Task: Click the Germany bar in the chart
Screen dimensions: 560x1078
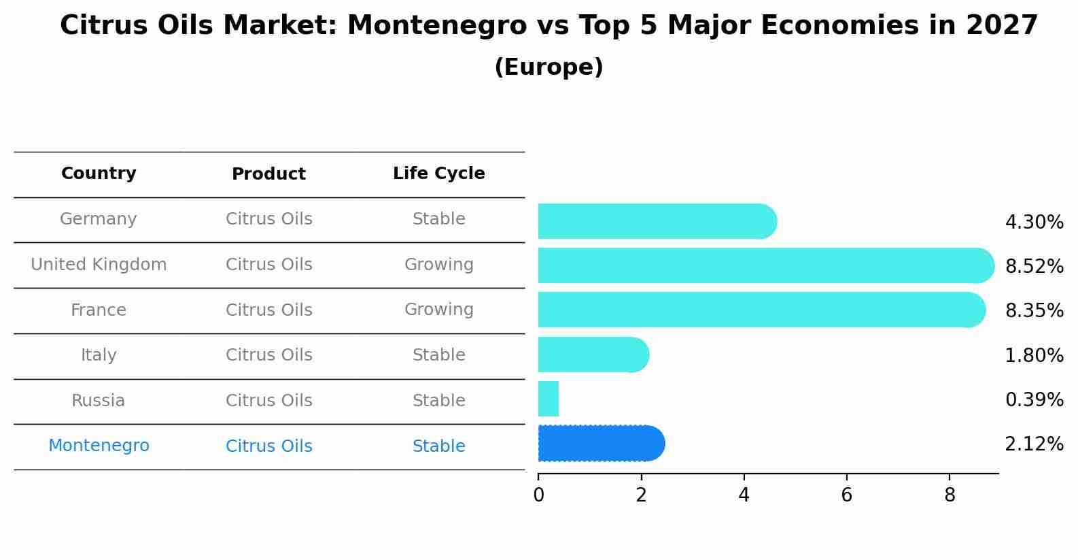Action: (656, 221)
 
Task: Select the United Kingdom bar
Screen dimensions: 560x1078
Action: (765, 265)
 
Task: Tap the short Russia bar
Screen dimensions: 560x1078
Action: (548, 399)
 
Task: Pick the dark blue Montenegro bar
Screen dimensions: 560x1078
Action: (600, 444)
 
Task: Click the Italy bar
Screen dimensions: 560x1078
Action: (593, 355)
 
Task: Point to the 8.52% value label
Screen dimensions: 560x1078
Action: (1034, 266)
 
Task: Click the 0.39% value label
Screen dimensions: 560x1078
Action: (1034, 399)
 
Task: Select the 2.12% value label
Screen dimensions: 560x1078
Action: (1034, 444)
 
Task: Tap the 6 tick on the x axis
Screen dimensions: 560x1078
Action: (846, 495)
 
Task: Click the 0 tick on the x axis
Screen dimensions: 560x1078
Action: (538, 495)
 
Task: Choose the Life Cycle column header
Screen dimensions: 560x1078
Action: (438, 174)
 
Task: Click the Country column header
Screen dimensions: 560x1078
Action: (99, 174)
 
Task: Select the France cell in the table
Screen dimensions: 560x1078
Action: (99, 310)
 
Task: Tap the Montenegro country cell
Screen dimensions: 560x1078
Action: (99, 446)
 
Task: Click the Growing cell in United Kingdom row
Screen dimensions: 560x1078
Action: (438, 265)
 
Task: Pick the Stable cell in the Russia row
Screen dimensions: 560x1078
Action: (438, 401)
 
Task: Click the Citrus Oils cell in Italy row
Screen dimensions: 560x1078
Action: (268, 355)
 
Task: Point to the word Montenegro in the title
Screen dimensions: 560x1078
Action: (436, 26)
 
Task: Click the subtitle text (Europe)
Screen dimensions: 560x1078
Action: (549, 67)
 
